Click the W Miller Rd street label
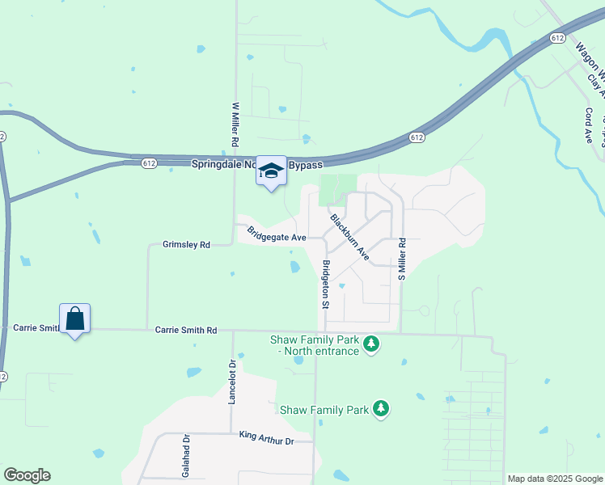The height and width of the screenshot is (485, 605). [x=235, y=124]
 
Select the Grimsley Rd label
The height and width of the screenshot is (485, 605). [x=186, y=244]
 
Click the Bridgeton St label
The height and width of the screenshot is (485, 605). [x=326, y=285]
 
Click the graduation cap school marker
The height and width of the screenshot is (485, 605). [x=272, y=171]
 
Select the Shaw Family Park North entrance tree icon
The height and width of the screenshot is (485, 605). [x=371, y=345]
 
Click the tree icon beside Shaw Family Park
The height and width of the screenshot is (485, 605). [x=381, y=410]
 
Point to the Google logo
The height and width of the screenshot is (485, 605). [x=27, y=475]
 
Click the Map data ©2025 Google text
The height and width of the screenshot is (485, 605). [x=555, y=479]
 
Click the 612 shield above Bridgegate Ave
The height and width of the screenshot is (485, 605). [x=416, y=137]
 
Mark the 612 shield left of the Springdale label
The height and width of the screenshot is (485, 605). [x=149, y=162]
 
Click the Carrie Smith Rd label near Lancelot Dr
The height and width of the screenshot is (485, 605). [x=186, y=330]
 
